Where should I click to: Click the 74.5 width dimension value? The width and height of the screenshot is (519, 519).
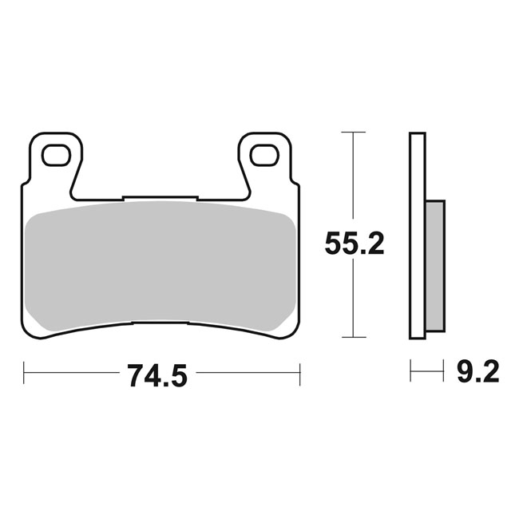(158, 375)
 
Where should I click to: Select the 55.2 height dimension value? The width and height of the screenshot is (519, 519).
(355, 243)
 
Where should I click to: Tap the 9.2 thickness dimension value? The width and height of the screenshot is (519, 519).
(477, 371)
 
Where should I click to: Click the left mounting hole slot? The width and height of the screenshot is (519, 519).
(56, 155)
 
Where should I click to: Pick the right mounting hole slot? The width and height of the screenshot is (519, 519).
(263, 155)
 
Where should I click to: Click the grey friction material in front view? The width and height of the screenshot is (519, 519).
(160, 267)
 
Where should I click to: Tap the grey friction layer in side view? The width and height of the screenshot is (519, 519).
(435, 265)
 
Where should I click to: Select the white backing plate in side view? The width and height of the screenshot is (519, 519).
(418, 236)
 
